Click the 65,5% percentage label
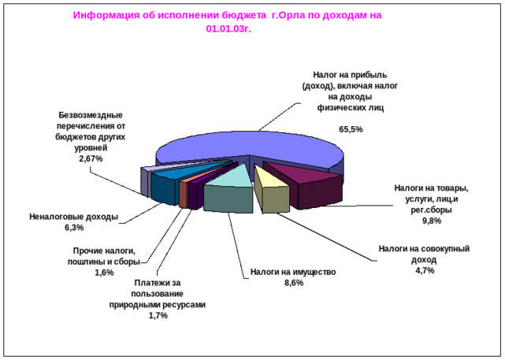pos(351,128)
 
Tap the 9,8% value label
pos(431,221)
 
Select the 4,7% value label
pos(425,271)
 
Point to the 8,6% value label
pos(293,284)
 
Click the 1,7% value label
pos(158,317)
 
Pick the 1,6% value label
pos(104,273)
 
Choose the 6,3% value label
pos(72,228)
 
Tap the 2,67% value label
pos(91,158)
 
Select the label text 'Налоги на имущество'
pos(293,273)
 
